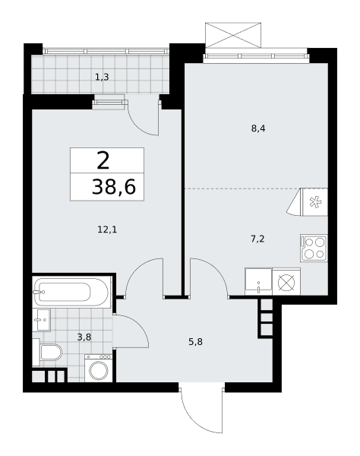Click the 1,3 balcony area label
102,78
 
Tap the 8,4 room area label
258,128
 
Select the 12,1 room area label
107,230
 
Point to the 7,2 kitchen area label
257,239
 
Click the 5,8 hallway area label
195,342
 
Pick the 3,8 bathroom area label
84,337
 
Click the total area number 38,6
114,187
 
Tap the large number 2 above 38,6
103,161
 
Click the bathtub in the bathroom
71,293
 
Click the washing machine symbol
99,368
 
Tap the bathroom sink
41,320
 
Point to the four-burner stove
314,248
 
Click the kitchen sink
258,281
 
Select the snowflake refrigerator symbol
315,202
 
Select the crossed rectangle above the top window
233,35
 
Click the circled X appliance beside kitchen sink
286,282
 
